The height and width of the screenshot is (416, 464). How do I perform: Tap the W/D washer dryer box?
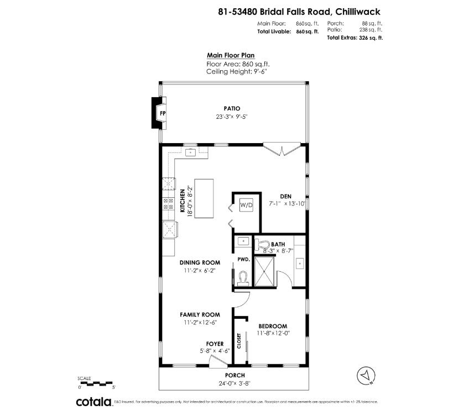(x=246, y=205)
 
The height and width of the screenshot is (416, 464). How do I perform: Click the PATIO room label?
(x=232, y=109)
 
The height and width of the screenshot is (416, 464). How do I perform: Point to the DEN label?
(x=285, y=196)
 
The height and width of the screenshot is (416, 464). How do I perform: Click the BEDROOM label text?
(x=273, y=326)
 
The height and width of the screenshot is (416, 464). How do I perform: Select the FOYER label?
(x=215, y=343)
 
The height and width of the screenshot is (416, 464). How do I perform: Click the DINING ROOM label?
(x=200, y=262)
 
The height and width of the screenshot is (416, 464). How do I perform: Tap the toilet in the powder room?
(x=242, y=276)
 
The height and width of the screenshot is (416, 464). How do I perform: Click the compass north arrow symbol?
(x=365, y=376)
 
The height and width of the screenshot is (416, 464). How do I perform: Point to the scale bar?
(x=96, y=383)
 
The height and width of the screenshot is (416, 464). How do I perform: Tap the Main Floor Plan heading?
(x=230, y=55)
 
